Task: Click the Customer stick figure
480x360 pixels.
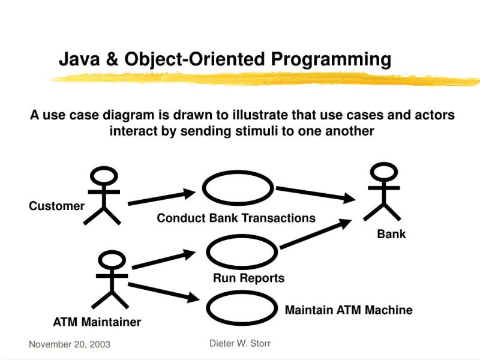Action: [103, 196]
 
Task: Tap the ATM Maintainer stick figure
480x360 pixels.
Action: [111, 280]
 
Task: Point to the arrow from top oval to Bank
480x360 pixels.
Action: [314, 194]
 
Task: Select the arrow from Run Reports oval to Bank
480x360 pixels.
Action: [315, 235]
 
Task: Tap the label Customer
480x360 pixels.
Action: [57, 206]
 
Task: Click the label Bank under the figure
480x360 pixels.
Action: [391, 234]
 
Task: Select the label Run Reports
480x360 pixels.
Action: [248, 278]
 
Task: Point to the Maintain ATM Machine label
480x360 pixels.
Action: [348, 310]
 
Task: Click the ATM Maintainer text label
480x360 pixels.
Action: [97, 322]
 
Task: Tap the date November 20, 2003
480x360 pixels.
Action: [69, 344]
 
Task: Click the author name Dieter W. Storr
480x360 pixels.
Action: [240, 343]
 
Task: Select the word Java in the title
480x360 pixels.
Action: [78, 59]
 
